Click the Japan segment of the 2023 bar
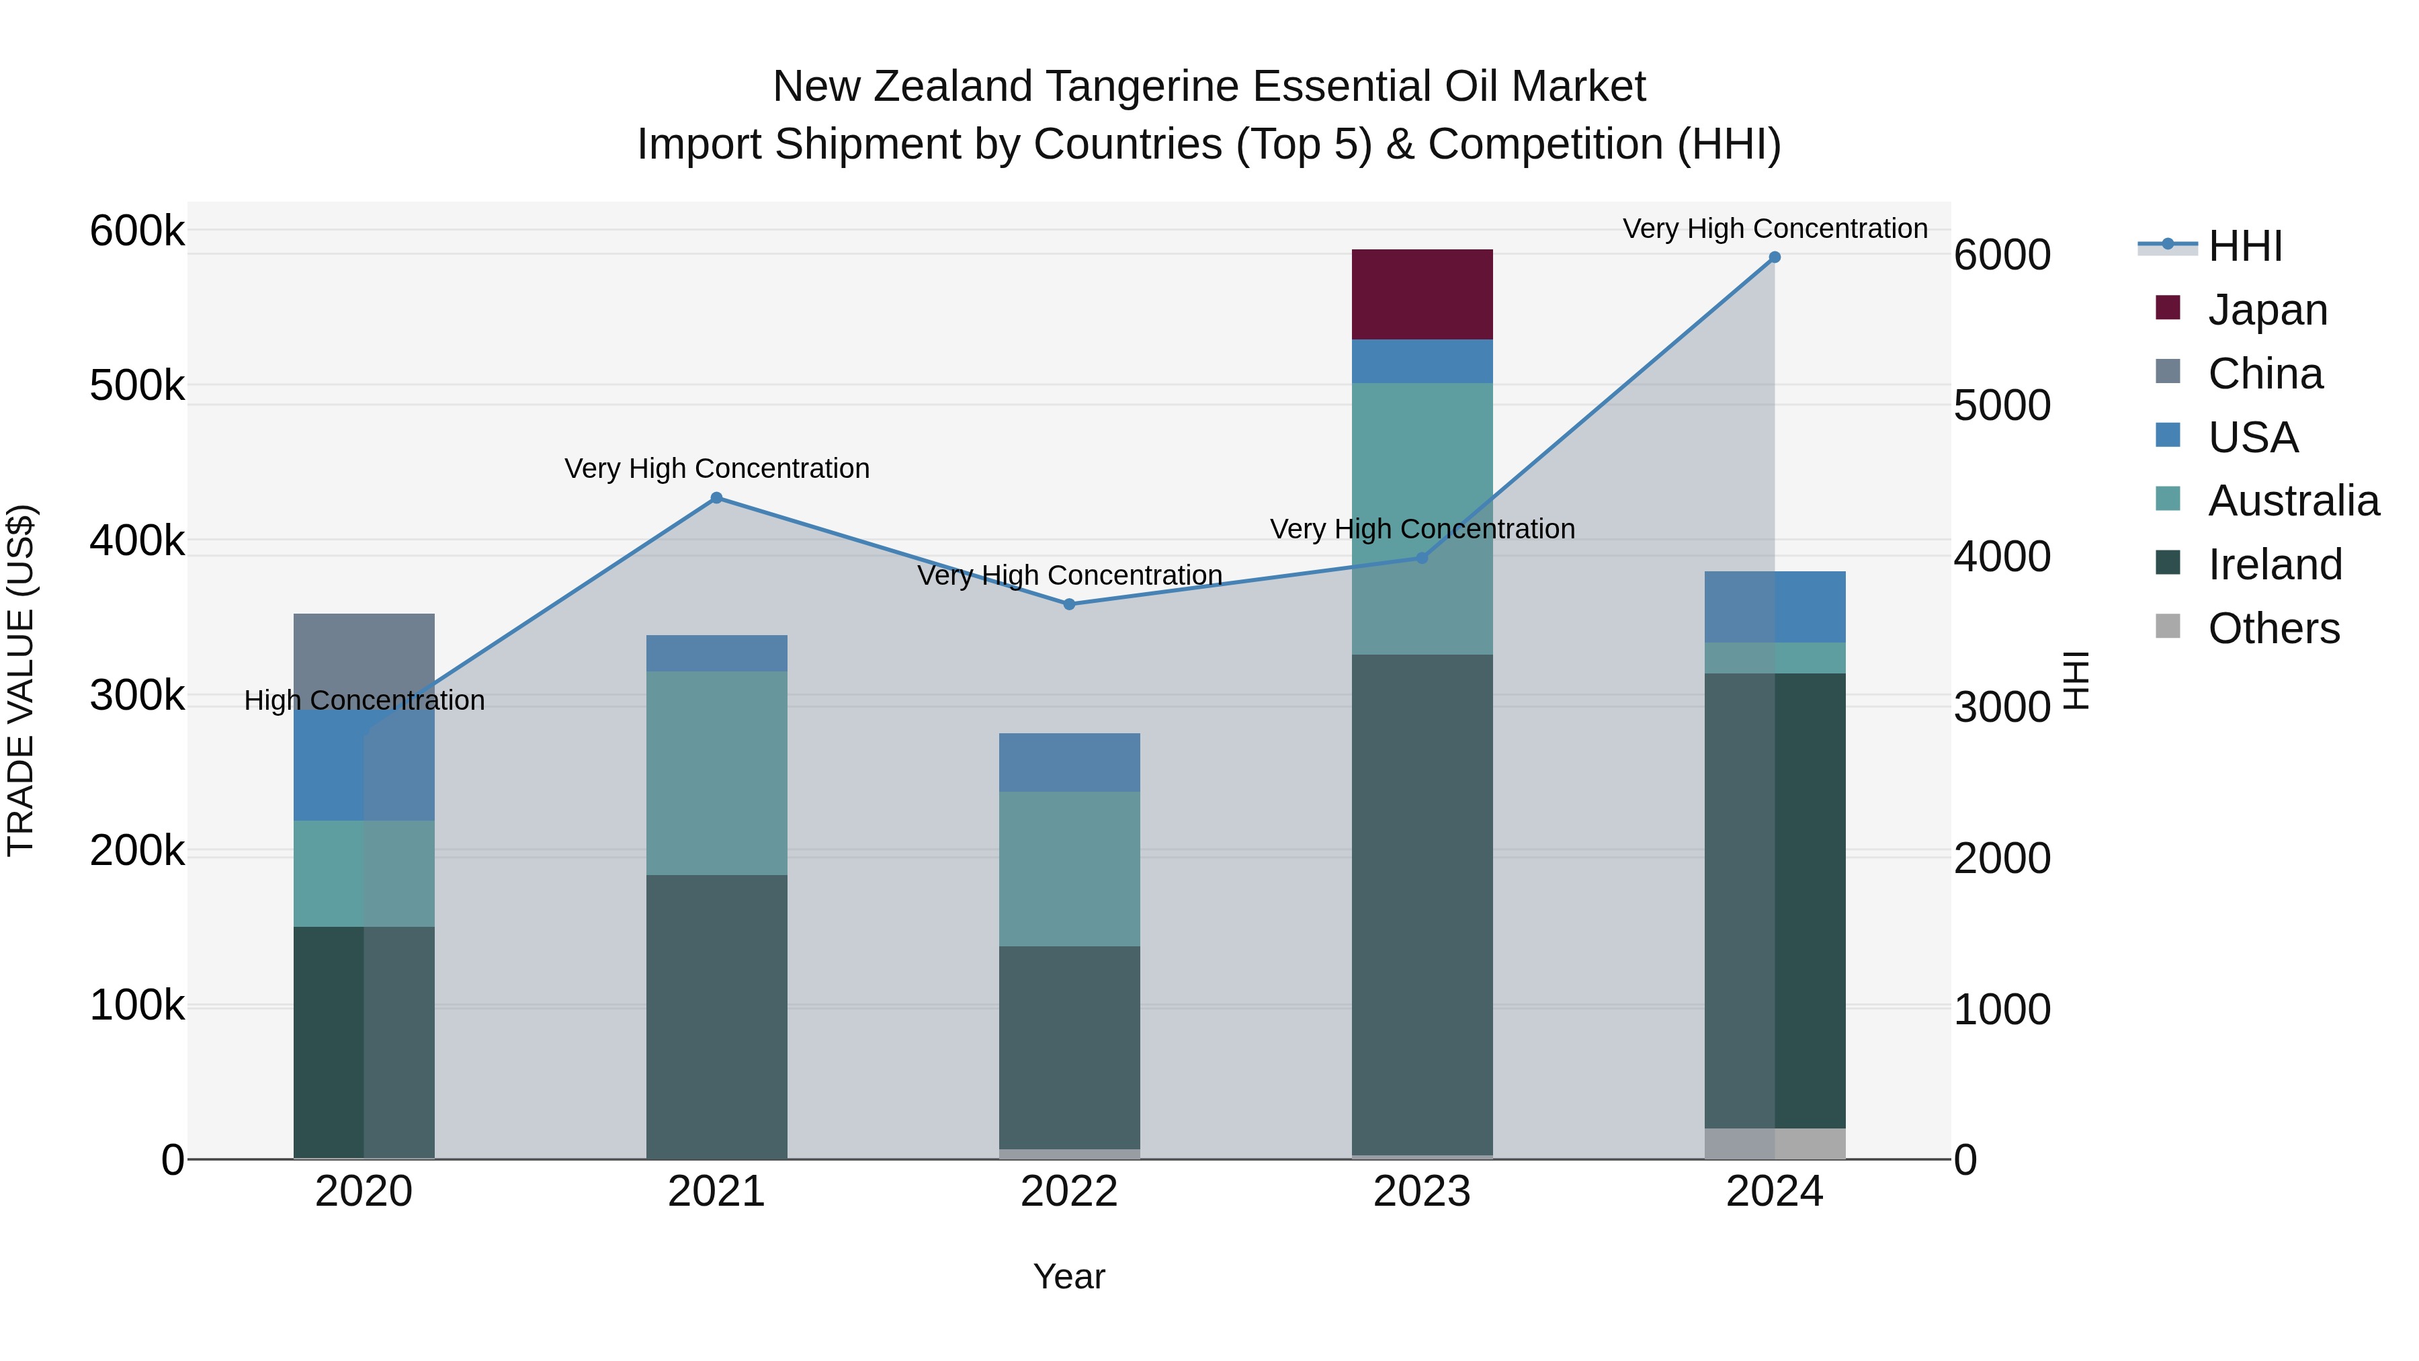pos(1422,294)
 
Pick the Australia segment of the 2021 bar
pos(716,772)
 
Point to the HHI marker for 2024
pos(1774,257)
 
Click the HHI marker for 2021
pos(716,498)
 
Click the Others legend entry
pos(2273,628)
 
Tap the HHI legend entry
pos(2244,246)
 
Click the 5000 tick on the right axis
pos(2002,406)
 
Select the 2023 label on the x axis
pos(1422,1192)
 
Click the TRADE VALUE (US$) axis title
pos(21,680)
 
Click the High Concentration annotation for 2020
pos(364,701)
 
